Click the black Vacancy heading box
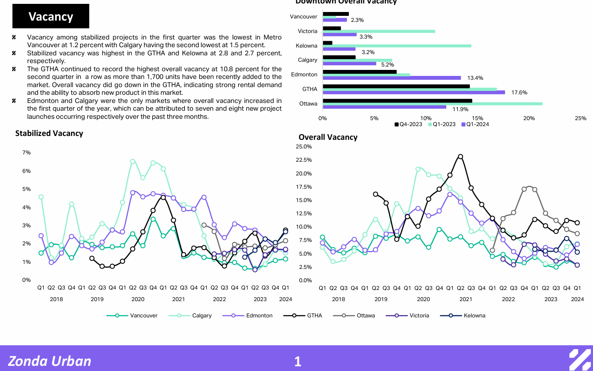coord(51,16)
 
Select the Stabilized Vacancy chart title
coord(49,133)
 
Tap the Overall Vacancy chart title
coord(328,137)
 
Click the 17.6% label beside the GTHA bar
coord(520,93)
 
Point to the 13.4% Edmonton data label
coord(475,78)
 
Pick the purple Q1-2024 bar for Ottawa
coord(384,107)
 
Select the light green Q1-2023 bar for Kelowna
coord(397,45)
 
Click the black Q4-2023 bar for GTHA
coord(396,86)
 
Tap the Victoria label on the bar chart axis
coord(308,31)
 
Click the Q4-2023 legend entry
coord(408,124)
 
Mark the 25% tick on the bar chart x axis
coord(581,118)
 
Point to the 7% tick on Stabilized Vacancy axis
coord(26,153)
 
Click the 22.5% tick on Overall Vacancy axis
coord(304,160)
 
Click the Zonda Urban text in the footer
coord(50,361)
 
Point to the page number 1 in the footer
coord(297,362)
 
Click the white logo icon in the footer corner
coord(580,360)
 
